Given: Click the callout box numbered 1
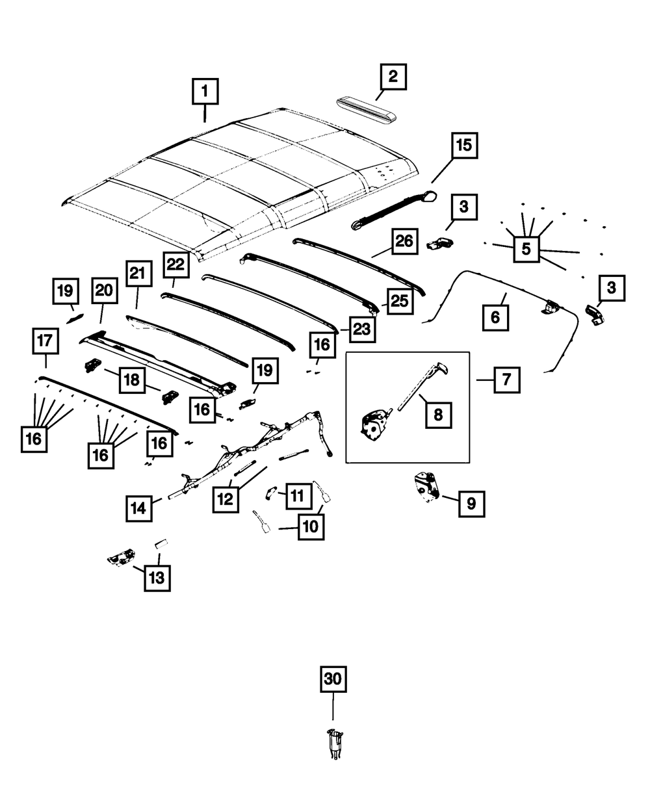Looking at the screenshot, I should click(205, 92).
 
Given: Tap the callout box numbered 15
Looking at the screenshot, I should click(464, 146).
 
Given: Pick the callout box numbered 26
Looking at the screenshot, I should click(404, 242).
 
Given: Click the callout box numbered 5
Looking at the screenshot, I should click(526, 248).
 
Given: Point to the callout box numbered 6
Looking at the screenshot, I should click(495, 318).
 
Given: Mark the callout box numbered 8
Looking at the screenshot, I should click(438, 414).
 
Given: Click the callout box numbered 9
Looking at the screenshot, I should click(471, 503).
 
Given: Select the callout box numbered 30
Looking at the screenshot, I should click(332, 680).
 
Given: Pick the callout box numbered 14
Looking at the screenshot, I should click(139, 507).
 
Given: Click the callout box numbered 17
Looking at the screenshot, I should click(45, 341).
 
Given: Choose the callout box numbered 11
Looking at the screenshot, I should click(296, 497).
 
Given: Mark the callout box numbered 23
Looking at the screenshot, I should click(361, 329).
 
